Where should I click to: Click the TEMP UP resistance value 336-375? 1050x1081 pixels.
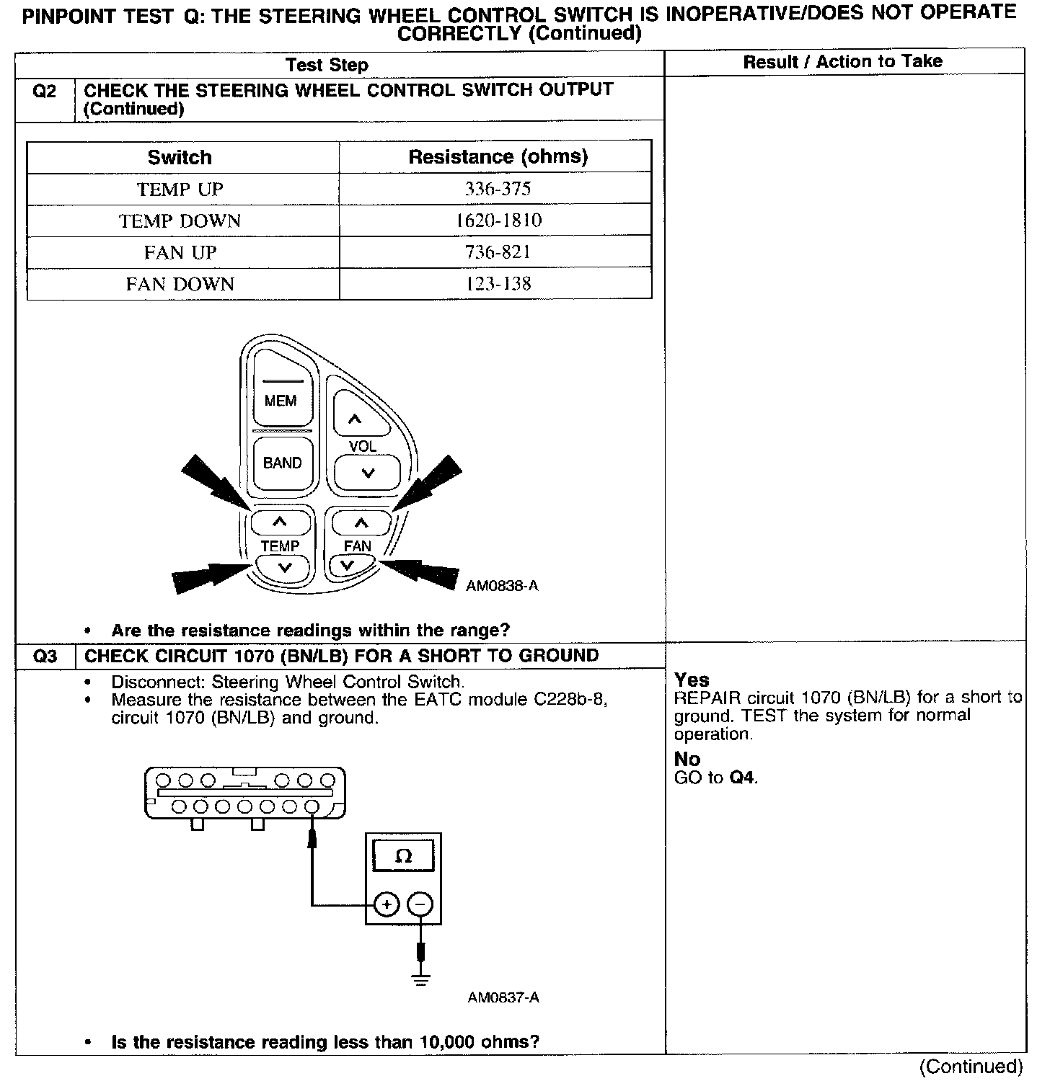tap(498, 189)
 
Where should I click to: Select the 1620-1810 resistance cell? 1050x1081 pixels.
tap(498, 221)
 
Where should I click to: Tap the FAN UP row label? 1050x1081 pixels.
tap(180, 252)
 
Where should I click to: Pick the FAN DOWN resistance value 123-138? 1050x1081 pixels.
tap(498, 284)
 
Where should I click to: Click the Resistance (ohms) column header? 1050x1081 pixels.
tap(498, 157)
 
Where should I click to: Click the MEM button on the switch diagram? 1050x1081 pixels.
tap(281, 401)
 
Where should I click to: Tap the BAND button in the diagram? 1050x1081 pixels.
tap(282, 463)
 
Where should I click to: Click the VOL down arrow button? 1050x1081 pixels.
tap(368, 473)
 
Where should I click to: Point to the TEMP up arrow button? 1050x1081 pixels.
tap(281, 522)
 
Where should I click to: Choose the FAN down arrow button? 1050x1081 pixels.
tap(348, 566)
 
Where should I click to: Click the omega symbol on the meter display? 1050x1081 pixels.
tap(404, 856)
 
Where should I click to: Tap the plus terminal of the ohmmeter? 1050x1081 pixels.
tap(387, 904)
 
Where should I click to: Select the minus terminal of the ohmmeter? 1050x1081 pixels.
tap(420, 904)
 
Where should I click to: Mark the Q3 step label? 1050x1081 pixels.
tap(45, 656)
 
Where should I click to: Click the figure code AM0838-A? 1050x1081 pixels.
tap(502, 586)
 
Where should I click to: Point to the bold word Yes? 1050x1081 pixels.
tap(692, 680)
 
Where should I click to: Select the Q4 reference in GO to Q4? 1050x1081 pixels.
tap(743, 778)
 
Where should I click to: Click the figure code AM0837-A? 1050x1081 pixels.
tap(503, 997)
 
